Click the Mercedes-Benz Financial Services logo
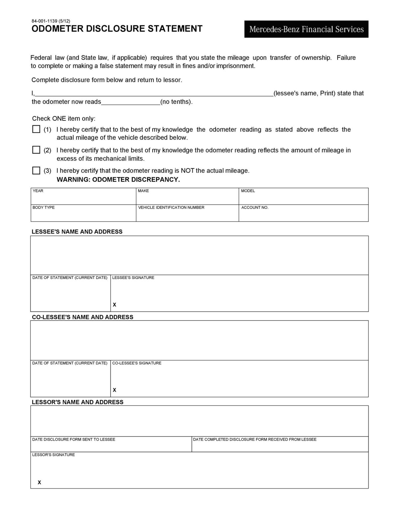306,29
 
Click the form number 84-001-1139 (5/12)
51,21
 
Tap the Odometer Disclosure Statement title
117,29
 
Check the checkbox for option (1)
36,129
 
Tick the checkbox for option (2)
36,150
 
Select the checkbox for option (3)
36,170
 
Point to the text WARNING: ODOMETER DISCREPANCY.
118,180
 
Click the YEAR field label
38,191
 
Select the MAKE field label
143,191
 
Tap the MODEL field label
248,191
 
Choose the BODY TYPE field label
43,208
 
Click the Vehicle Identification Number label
171,208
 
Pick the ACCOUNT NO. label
255,208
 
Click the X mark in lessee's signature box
115,304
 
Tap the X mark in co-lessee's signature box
115,390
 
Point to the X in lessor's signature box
39,482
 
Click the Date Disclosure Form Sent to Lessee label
74,439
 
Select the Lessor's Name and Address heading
77,402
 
